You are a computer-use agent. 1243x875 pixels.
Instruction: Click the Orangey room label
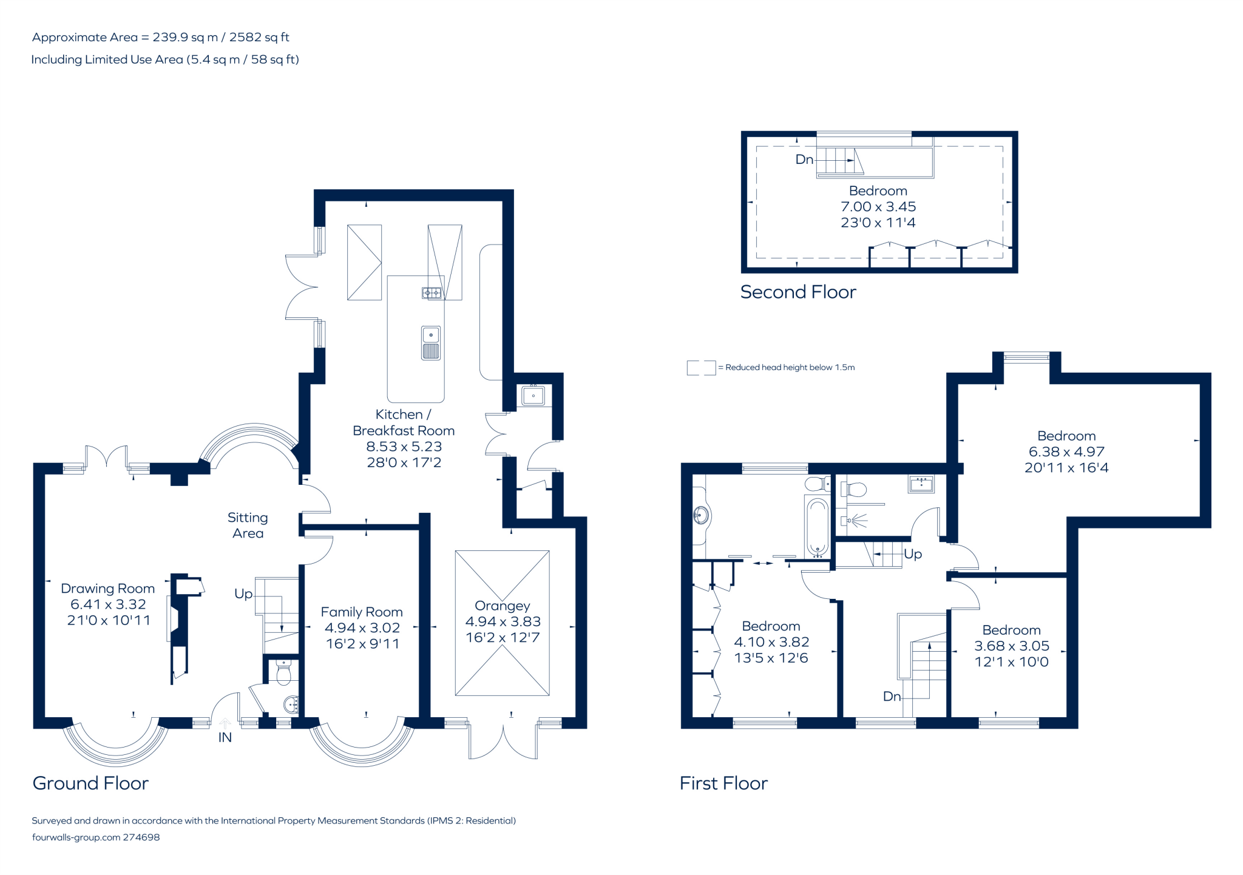502,606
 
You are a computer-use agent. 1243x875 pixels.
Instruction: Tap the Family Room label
362,612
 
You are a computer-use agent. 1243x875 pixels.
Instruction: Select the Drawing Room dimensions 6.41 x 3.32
108,604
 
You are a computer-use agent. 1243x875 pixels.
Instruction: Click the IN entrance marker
225,737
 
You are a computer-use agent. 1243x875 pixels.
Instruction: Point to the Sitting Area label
248,525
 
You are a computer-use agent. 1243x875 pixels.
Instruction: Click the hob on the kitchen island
432,293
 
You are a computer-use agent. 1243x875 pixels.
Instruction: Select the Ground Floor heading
90,783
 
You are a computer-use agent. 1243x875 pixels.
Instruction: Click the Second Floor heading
798,292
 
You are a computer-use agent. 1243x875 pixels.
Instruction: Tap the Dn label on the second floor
804,160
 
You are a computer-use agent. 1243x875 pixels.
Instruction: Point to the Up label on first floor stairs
913,554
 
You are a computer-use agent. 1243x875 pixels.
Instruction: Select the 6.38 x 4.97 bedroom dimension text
1066,451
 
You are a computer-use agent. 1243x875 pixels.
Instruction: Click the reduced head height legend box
701,368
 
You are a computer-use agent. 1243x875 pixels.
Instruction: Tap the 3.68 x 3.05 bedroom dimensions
1011,646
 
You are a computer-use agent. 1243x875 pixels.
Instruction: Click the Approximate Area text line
161,37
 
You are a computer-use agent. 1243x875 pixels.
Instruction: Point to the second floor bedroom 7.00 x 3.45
878,206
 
